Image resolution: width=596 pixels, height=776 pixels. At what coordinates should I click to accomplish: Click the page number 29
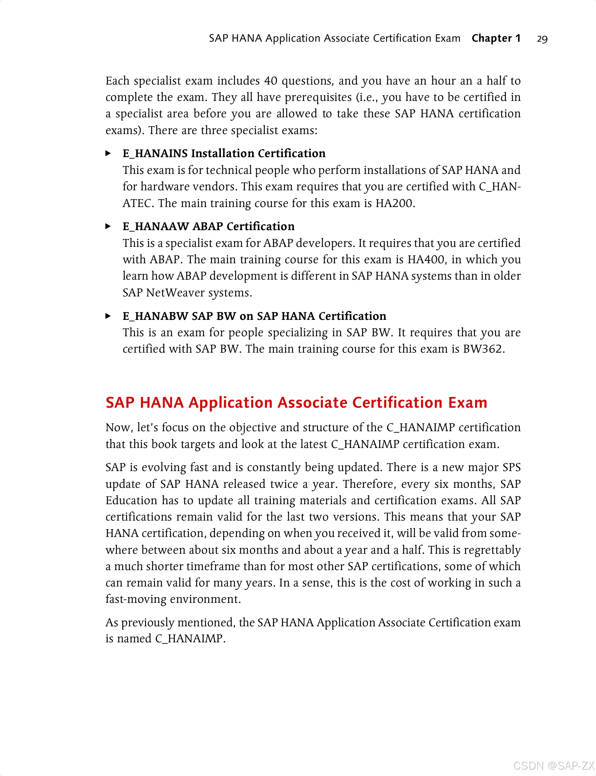pyautogui.click(x=542, y=39)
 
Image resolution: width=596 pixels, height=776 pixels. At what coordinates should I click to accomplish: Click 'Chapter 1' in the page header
pyautogui.click(x=496, y=38)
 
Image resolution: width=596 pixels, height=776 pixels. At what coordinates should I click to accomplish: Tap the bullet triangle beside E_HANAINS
pyautogui.click(x=108, y=153)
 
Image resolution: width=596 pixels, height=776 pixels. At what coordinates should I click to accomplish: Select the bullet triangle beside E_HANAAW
pyautogui.click(x=108, y=226)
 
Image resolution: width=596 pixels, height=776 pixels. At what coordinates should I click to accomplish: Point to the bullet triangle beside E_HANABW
pyautogui.click(x=108, y=316)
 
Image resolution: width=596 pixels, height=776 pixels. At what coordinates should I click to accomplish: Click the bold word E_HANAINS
pyautogui.click(x=155, y=153)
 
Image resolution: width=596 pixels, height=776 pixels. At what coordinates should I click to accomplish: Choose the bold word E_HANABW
pyautogui.click(x=155, y=316)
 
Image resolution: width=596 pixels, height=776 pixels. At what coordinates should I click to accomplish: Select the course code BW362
pyautogui.click(x=482, y=349)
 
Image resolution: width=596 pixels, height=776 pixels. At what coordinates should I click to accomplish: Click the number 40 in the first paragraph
pyautogui.click(x=271, y=81)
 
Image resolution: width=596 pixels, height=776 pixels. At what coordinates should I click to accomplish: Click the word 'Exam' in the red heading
pyautogui.click(x=467, y=403)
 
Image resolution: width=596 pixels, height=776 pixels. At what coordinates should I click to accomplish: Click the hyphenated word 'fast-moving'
pyautogui.click(x=136, y=599)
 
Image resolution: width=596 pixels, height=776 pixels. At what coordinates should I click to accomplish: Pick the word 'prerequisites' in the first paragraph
pyautogui.click(x=318, y=97)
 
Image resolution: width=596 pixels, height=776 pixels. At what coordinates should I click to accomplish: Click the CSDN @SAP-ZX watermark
pyautogui.click(x=554, y=766)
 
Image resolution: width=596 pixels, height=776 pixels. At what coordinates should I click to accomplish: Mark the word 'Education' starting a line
pyautogui.click(x=131, y=500)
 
